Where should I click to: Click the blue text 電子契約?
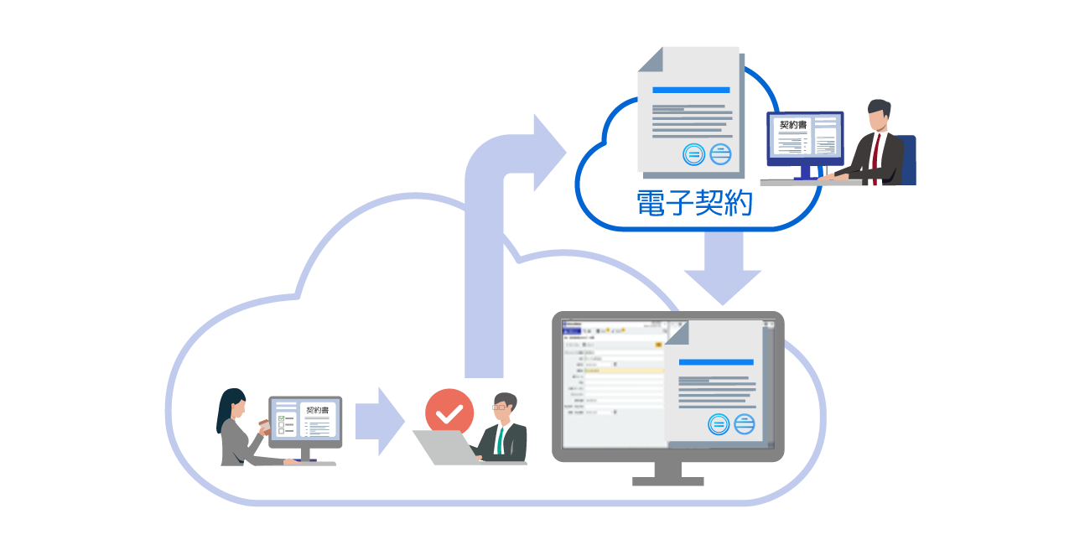click(x=695, y=203)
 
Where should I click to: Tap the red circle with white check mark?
click(x=449, y=413)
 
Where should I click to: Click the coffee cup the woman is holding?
click(x=264, y=425)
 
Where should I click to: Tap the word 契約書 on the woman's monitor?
click(x=318, y=411)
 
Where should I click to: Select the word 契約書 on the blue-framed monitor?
click(x=792, y=125)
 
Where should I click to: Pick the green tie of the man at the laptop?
click(x=501, y=439)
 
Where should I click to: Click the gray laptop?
click(x=444, y=448)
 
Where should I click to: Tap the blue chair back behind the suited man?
click(x=907, y=159)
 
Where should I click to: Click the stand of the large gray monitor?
click(x=667, y=474)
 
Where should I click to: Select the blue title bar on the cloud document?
click(x=690, y=90)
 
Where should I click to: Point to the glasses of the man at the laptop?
click(x=501, y=407)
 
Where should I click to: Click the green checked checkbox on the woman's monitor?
click(x=282, y=419)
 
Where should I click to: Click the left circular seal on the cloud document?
click(x=693, y=154)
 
